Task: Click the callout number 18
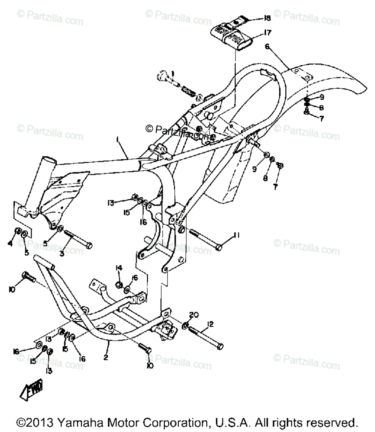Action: coord(267,18)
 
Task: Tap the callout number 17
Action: coord(267,33)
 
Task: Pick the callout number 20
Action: coord(193,315)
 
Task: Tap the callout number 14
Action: coord(119,267)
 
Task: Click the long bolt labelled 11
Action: coord(204,239)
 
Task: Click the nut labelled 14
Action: coord(118,285)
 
